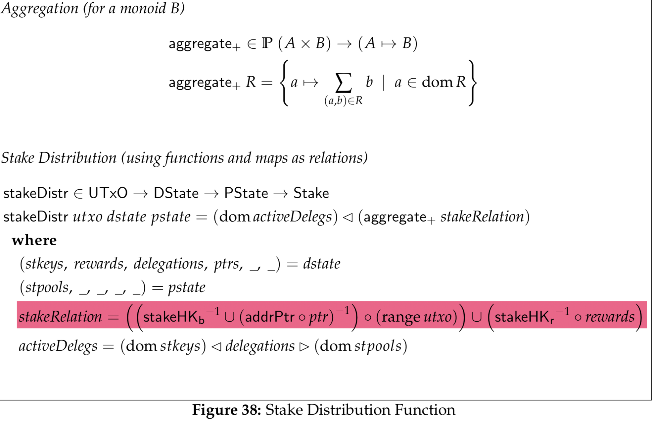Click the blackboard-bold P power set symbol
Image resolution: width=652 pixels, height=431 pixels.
[267, 43]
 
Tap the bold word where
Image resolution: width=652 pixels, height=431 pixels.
[34, 240]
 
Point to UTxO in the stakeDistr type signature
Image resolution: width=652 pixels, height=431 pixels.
[108, 193]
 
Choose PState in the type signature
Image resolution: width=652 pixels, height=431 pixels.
[246, 193]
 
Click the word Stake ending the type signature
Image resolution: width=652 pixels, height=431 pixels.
[311, 193]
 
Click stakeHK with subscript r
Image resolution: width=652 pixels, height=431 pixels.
[524, 317]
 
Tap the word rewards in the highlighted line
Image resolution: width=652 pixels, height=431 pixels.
[610, 317]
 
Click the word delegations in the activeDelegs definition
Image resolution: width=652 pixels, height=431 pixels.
[260, 346]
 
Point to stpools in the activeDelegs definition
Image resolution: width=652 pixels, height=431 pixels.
[378, 346]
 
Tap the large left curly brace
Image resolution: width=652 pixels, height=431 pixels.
[284, 83]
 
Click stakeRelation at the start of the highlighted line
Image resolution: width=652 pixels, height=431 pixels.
[60, 316]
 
